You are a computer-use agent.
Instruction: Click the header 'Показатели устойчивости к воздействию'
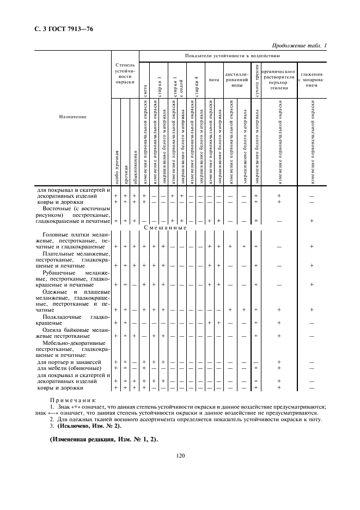tap(233, 56)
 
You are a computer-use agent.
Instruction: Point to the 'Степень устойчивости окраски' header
tap(125, 74)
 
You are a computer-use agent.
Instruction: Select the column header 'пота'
tap(214, 80)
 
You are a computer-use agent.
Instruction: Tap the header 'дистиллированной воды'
tap(237, 80)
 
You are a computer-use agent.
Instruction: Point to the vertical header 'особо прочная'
tap(116, 166)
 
